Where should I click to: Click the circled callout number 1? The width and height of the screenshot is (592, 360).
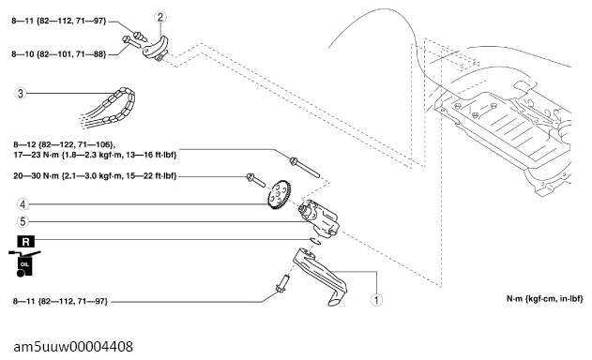pyautogui.click(x=376, y=300)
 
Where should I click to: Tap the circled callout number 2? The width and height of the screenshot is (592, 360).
pyautogui.click(x=160, y=17)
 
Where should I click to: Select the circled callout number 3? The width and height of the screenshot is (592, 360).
pyautogui.click(x=21, y=93)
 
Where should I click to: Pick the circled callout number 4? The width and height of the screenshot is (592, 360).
pyautogui.click(x=23, y=204)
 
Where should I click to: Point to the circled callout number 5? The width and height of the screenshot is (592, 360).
pyautogui.click(x=23, y=221)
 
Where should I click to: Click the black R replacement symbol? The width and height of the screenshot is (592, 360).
pyautogui.click(x=25, y=242)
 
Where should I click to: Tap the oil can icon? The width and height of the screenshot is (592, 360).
pyautogui.click(x=24, y=262)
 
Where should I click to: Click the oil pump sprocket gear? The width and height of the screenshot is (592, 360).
pyautogui.click(x=279, y=195)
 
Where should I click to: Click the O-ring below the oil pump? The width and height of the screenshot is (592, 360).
pyautogui.click(x=315, y=241)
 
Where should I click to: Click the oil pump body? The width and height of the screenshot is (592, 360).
pyautogui.click(x=319, y=218)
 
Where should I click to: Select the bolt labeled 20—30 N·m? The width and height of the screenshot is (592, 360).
pyautogui.click(x=256, y=180)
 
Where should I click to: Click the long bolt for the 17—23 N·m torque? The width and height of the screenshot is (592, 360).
pyautogui.click(x=305, y=168)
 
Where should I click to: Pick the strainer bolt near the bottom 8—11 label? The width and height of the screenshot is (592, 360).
pyautogui.click(x=283, y=284)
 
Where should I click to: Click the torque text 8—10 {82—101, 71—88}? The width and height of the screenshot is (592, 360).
pyautogui.click(x=59, y=54)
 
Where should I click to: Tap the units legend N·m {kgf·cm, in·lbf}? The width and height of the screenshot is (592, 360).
pyautogui.click(x=544, y=299)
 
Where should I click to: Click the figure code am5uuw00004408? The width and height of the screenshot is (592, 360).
pyautogui.click(x=73, y=347)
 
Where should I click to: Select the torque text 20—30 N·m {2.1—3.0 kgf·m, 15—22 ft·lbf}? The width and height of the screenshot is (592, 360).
pyautogui.click(x=95, y=176)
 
